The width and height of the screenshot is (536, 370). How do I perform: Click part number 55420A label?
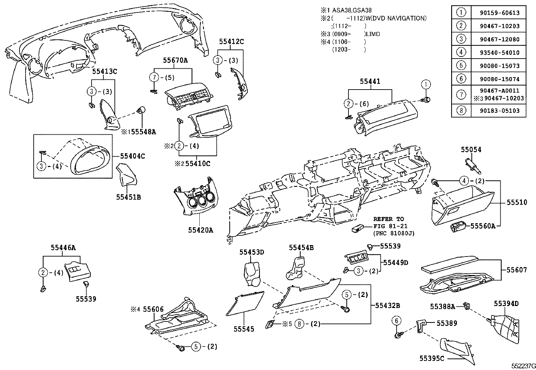pyautogui.click(x=200, y=230)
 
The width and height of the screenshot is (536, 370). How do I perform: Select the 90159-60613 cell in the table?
pyautogui.click(x=499, y=13)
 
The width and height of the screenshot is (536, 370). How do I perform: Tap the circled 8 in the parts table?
pyautogui.click(x=461, y=110)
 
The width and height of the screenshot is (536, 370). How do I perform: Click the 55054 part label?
pyautogui.click(x=471, y=150)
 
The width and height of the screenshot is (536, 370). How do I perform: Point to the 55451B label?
pyautogui.click(x=128, y=197)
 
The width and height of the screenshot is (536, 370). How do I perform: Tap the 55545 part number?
pyautogui.click(x=244, y=329)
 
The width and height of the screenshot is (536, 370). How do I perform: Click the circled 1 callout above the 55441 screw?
pyautogui.click(x=426, y=84)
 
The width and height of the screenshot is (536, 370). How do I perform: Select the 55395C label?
pyautogui.click(x=432, y=358)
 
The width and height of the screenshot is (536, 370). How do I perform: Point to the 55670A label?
pyautogui.click(x=175, y=61)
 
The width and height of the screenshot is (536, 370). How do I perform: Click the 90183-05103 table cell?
pyautogui.click(x=499, y=110)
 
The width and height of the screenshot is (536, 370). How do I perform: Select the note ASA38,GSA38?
pyautogui.click(x=351, y=10)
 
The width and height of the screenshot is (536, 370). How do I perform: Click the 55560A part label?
pyautogui.click(x=482, y=226)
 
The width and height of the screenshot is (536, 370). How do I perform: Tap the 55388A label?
pyautogui.click(x=442, y=306)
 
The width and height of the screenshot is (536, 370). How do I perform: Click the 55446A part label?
pyautogui.click(x=63, y=248)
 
